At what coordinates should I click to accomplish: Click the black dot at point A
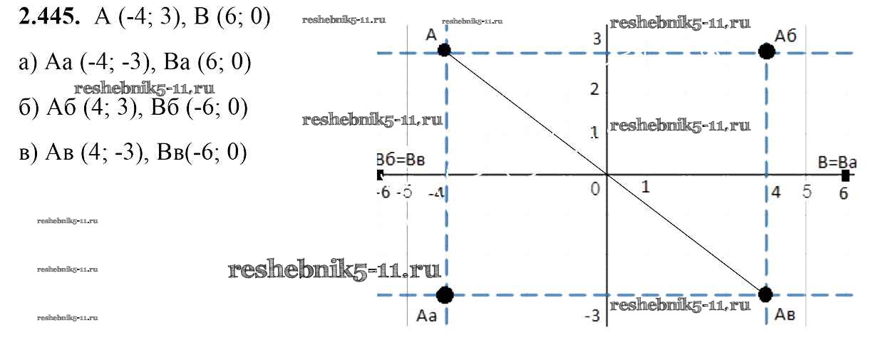444,50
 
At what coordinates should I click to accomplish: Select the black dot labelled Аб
767,51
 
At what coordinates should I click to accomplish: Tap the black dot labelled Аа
445,294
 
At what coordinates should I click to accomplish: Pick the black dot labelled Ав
766,294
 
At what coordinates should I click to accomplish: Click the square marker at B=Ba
846,175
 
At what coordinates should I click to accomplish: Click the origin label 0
596,190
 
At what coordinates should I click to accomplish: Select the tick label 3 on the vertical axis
597,38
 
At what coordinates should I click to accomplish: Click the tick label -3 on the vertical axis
594,315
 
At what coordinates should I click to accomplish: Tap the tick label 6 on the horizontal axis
844,193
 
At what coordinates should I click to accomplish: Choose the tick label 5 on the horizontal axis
807,192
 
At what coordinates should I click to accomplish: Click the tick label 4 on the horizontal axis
776,192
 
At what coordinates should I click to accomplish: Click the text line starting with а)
135,63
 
